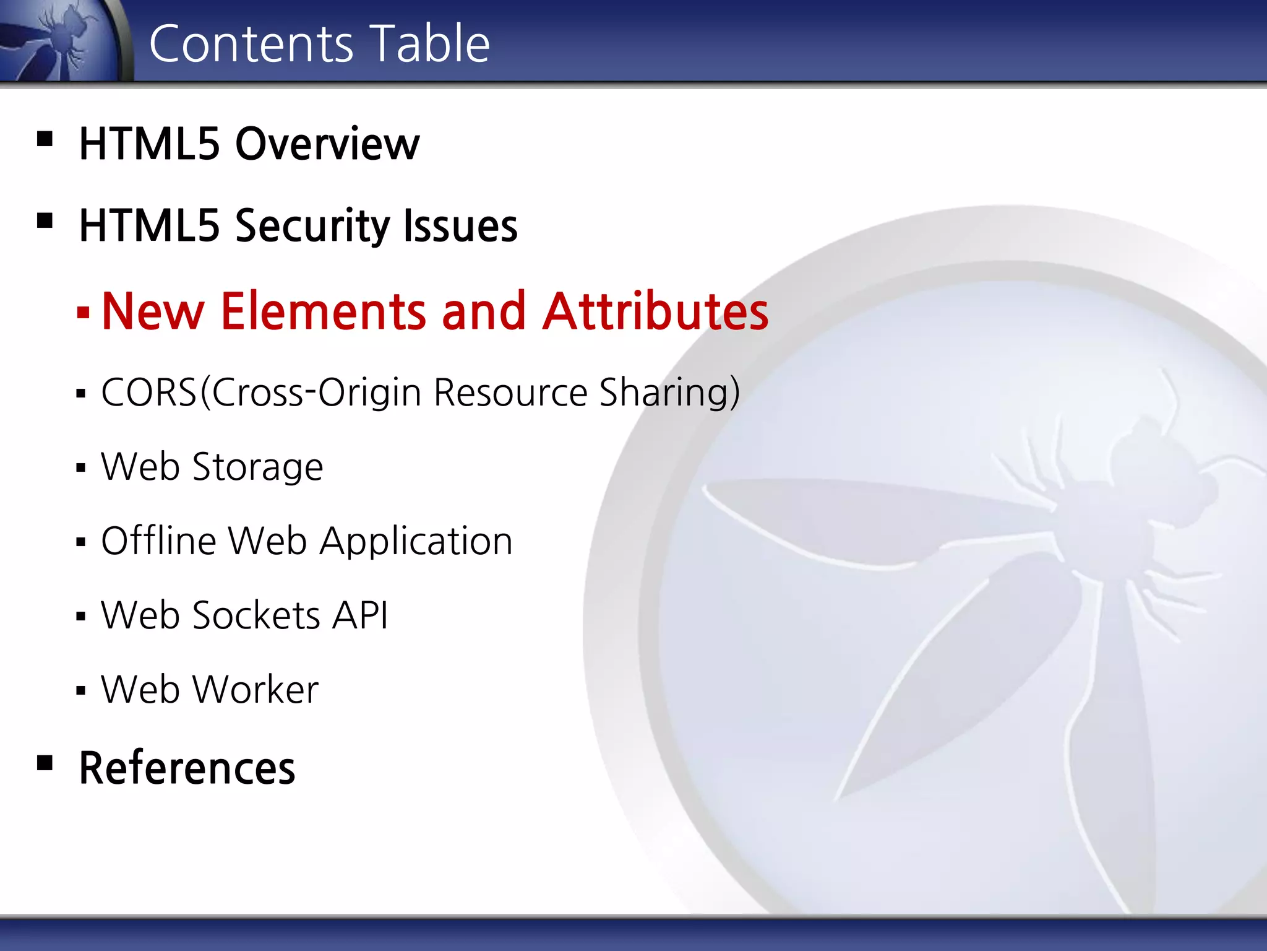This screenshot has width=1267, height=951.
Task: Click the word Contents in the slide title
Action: (x=251, y=44)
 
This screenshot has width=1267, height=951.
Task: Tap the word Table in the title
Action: (x=431, y=44)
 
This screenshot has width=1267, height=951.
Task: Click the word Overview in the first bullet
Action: (x=327, y=144)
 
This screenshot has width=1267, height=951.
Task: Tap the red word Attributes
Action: (x=656, y=311)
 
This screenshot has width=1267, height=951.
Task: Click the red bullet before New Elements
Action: (x=83, y=311)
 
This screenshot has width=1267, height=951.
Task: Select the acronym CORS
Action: (x=148, y=393)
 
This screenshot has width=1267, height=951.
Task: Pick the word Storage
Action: (x=257, y=467)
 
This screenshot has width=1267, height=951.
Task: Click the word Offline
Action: (x=158, y=541)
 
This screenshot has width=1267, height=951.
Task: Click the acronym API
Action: (x=360, y=615)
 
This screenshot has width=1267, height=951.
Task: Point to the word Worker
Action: (x=256, y=690)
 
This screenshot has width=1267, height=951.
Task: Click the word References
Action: (x=187, y=768)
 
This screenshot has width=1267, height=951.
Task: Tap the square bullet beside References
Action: (x=45, y=762)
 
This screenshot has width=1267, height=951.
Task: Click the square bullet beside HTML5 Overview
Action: (x=45, y=138)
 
